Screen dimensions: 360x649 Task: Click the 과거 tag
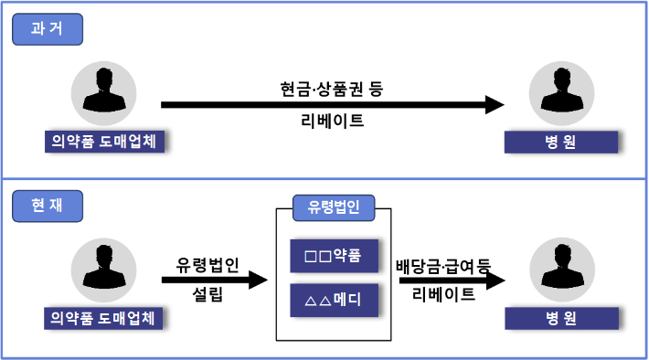point(48,29)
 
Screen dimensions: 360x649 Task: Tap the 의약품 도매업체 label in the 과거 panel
point(104,142)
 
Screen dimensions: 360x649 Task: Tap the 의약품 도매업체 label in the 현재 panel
point(104,318)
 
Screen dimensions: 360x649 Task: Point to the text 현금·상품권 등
point(332,90)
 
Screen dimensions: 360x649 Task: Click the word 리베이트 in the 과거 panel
point(332,121)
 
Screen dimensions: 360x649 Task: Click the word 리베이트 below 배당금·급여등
point(443,294)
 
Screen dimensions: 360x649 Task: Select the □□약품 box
point(334,256)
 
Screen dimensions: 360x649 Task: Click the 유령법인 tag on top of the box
point(334,206)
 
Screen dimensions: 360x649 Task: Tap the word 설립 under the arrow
point(207,295)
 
